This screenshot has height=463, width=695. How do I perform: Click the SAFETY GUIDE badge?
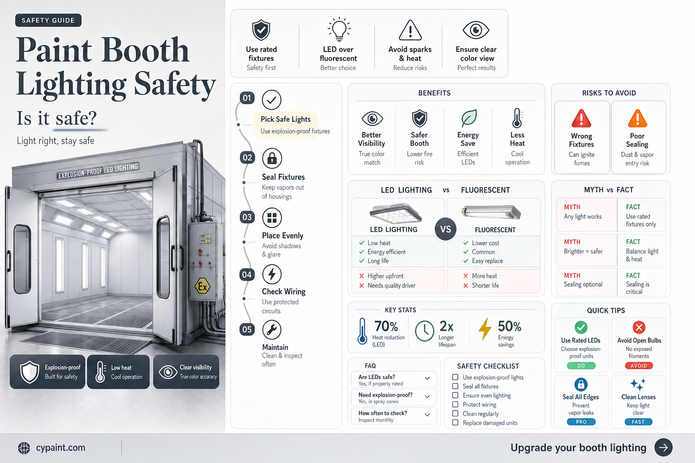pyautogui.click(x=48, y=20)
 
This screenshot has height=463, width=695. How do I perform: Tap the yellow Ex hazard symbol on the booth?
pyautogui.click(x=202, y=287)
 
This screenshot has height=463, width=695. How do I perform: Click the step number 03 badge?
pyautogui.click(x=247, y=217)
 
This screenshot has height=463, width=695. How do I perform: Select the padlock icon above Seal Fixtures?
pyautogui.click(x=272, y=158)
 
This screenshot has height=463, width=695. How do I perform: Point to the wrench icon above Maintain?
pyautogui.click(x=272, y=330)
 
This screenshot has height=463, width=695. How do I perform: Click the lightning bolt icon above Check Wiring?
pyautogui.click(x=272, y=274)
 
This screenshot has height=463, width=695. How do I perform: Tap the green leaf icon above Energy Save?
pyautogui.click(x=468, y=118)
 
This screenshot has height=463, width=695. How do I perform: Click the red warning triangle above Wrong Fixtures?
pyautogui.click(x=581, y=118)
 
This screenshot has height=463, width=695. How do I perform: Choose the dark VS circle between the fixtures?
pyautogui.click(x=446, y=229)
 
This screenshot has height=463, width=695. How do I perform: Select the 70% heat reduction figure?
pyautogui.click(x=386, y=326)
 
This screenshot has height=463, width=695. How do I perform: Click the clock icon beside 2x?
pyautogui.click(x=424, y=331)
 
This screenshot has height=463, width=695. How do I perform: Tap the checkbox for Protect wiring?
pyautogui.click(x=455, y=404)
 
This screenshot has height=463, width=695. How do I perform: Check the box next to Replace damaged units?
pyautogui.click(x=455, y=423)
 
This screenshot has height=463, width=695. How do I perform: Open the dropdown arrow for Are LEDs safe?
pyautogui.click(x=427, y=378)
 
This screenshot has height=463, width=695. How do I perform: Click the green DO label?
pyautogui.click(x=581, y=366)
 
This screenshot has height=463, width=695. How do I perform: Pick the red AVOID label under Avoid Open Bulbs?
pyautogui.click(x=638, y=366)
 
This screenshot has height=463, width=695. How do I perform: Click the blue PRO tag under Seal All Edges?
pyautogui.click(x=581, y=422)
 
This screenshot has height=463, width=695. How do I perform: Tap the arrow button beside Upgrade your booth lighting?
pyautogui.click(x=663, y=448)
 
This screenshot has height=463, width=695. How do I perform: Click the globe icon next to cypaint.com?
pyautogui.click(x=24, y=448)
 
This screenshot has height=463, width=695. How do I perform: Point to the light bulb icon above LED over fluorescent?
pyautogui.click(x=339, y=29)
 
